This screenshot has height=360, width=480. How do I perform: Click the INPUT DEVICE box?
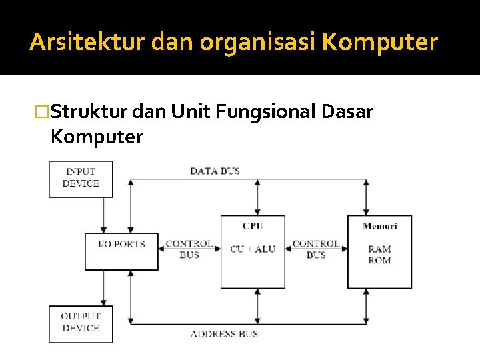pyautogui.click(x=81, y=179)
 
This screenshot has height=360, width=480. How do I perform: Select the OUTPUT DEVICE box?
pyautogui.click(x=81, y=323)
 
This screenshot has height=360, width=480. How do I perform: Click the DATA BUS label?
pyautogui.click(x=215, y=171)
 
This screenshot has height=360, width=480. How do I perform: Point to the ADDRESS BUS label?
pyautogui.click(x=224, y=333)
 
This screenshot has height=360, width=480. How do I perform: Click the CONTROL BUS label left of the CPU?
pyautogui.click(x=189, y=249)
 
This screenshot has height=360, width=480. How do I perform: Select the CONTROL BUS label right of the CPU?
pyautogui.click(x=316, y=249)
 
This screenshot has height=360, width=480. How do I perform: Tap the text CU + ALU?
pyautogui.click(x=253, y=249)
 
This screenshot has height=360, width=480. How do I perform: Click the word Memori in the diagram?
pyautogui.click(x=379, y=226)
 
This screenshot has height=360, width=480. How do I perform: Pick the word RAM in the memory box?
pyautogui.click(x=379, y=249)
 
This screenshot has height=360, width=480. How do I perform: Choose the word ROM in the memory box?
pyautogui.click(x=379, y=260)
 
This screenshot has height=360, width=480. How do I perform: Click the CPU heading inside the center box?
pyautogui.click(x=253, y=226)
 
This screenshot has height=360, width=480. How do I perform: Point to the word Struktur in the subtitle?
pyautogui.click(x=89, y=112)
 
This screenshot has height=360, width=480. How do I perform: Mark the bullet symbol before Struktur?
pyautogui.click(x=43, y=112)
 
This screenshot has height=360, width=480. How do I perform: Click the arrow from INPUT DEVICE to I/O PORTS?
pyautogui.click(x=103, y=215)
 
